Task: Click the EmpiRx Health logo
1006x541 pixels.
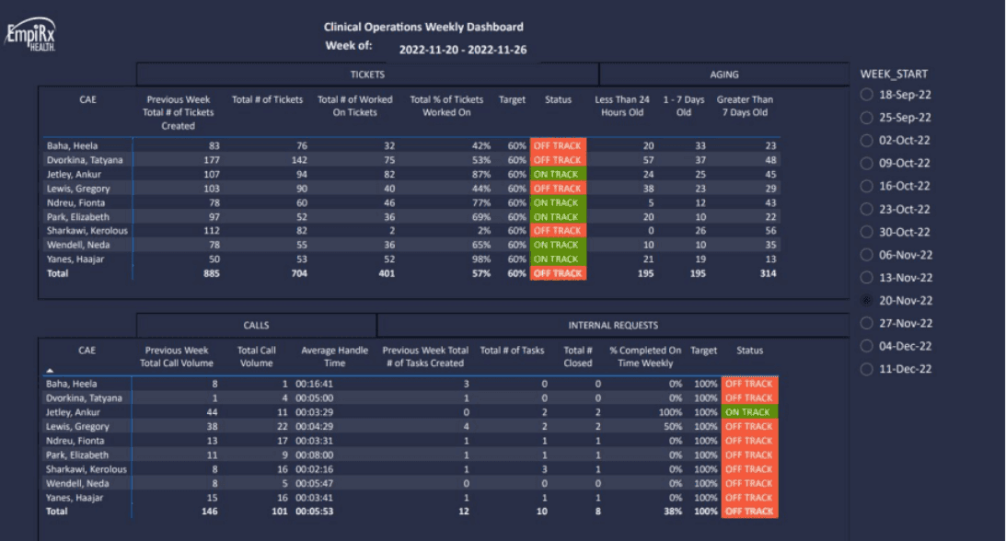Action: point(31,35)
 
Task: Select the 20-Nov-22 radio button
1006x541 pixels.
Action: point(867,301)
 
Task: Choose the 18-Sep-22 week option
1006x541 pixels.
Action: point(867,95)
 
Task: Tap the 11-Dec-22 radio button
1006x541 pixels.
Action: point(867,369)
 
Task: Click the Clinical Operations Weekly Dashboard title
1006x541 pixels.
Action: point(423,27)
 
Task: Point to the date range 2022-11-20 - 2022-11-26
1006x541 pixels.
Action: point(462,50)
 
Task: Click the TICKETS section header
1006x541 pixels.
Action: point(367,75)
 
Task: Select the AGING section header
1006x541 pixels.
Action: point(723,75)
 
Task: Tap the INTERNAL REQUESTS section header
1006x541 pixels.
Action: point(613,325)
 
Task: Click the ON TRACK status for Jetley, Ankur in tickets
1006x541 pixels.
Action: point(558,175)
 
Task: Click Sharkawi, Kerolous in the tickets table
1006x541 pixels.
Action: point(87,231)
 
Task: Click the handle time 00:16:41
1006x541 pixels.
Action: point(314,384)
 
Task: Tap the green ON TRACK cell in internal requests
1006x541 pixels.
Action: point(749,412)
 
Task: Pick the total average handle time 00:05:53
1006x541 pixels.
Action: point(314,512)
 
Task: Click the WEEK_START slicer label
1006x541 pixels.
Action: point(894,74)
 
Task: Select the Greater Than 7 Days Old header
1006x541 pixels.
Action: point(745,106)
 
